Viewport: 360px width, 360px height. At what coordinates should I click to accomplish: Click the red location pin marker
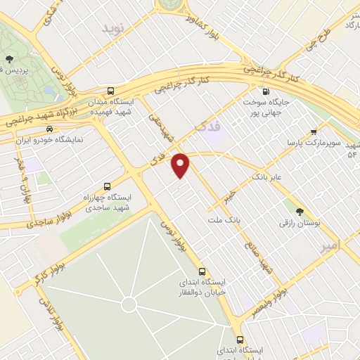181,166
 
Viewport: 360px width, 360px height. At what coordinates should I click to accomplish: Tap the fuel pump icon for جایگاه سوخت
264,91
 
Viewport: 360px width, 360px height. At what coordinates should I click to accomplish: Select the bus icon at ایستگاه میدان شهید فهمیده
111,91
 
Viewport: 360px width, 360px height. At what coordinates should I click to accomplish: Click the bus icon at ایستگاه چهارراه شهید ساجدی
106,187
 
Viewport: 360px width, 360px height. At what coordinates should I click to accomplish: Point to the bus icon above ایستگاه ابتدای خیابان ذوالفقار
202,271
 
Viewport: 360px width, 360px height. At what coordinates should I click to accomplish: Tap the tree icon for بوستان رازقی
300,211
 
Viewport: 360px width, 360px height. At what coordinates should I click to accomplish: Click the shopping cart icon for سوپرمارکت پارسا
313,131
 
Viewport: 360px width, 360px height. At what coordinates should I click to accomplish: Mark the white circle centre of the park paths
129,304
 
